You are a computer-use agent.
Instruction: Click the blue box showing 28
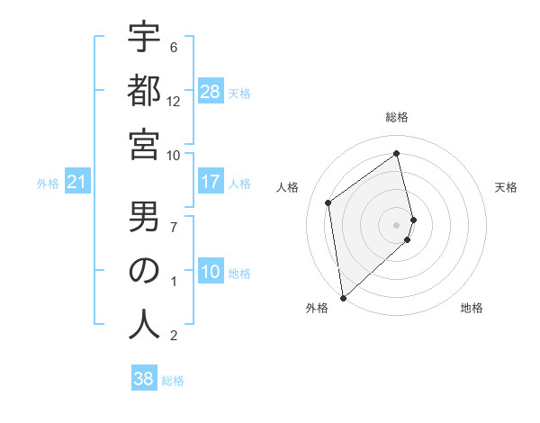[211, 92]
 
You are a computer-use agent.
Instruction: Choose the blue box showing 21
[77, 183]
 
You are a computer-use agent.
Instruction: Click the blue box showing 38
[144, 379]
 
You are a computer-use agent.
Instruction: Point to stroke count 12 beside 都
[174, 101]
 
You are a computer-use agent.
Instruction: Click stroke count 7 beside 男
[175, 226]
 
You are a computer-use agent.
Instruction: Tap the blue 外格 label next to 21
[48, 184]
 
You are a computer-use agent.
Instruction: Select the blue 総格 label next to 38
[173, 380]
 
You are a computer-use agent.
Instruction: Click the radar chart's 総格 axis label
[397, 117]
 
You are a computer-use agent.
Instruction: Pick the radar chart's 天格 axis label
[507, 187]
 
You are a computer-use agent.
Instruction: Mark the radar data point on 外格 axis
[343, 297]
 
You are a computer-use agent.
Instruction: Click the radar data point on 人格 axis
[328, 202]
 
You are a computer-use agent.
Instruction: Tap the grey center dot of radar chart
[397, 223]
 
